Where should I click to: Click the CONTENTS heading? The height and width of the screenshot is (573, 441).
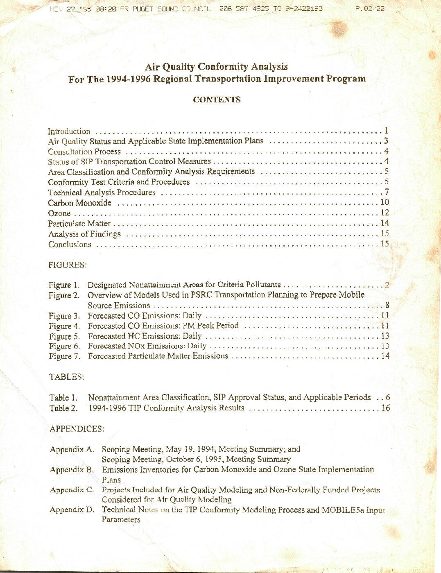[x=217, y=100]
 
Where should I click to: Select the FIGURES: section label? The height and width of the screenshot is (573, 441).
[x=68, y=265]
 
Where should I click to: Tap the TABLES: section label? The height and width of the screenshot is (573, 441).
[x=67, y=377]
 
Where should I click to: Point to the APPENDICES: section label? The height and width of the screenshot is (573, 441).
[x=77, y=429]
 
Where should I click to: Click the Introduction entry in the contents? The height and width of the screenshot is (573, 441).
[x=69, y=131]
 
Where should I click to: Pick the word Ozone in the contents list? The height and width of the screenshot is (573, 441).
[x=59, y=213]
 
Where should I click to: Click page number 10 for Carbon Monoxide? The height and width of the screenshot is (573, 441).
[x=384, y=202]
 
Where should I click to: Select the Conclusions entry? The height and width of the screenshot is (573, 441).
[x=70, y=245]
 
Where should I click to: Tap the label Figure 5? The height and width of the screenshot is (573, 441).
[x=64, y=336]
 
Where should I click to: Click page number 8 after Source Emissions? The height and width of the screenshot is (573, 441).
[x=387, y=305]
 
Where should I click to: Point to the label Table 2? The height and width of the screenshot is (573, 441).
[x=63, y=408]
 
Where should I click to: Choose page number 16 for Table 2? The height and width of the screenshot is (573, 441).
[x=386, y=408]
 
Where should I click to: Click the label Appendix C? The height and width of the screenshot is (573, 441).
[x=72, y=490]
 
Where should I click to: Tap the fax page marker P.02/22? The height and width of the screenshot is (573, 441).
[x=370, y=9]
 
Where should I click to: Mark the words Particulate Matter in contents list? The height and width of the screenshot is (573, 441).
[x=79, y=224]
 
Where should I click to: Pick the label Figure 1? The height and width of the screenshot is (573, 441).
[x=64, y=285]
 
